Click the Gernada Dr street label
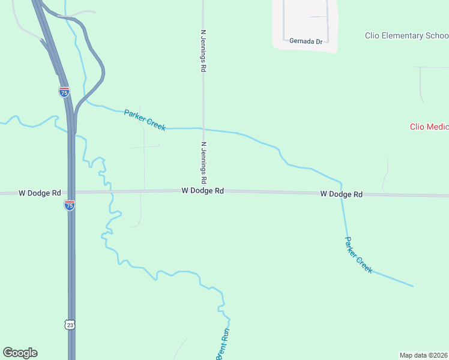[306, 41]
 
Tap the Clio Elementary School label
[406, 35]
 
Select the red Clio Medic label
[429, 127]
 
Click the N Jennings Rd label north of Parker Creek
[203, 51]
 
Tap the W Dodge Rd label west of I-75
[40, 193]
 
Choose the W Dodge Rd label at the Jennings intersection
[203, 190]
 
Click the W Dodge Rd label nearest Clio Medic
[342, 194]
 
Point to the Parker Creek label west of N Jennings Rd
[145, 120]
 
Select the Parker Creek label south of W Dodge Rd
[358, 255]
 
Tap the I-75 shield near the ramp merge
[64, 92]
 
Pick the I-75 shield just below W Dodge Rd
[70, 205]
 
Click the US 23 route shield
[70, 325]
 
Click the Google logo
[20, 353]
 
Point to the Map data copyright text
[423, 355]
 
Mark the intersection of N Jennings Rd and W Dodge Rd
[203, 191]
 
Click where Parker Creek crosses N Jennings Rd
[203, 128]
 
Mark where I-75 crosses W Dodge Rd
[71, 193]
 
